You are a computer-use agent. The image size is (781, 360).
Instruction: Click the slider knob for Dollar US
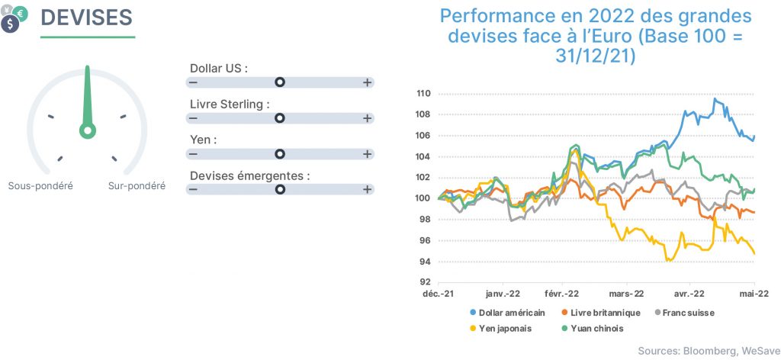280,82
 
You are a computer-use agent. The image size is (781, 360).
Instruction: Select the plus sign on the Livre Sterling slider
367,118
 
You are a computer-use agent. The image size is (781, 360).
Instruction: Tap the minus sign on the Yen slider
193,154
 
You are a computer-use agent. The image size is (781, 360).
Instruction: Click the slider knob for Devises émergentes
280,190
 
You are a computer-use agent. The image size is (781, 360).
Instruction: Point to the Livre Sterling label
230,104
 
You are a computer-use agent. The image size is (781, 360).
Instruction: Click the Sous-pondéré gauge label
41,186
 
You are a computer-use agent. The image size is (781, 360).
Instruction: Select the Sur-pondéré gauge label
137,186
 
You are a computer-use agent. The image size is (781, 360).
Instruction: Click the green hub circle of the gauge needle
88,131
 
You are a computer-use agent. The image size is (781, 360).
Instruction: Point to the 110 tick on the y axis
424,94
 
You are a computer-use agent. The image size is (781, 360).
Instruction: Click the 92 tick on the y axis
426,283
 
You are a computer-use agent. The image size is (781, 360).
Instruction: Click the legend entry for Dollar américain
508,313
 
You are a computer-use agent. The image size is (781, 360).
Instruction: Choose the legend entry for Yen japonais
501,329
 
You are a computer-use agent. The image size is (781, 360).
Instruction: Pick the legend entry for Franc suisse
684,313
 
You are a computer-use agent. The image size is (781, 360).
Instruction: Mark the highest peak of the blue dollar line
715,98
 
